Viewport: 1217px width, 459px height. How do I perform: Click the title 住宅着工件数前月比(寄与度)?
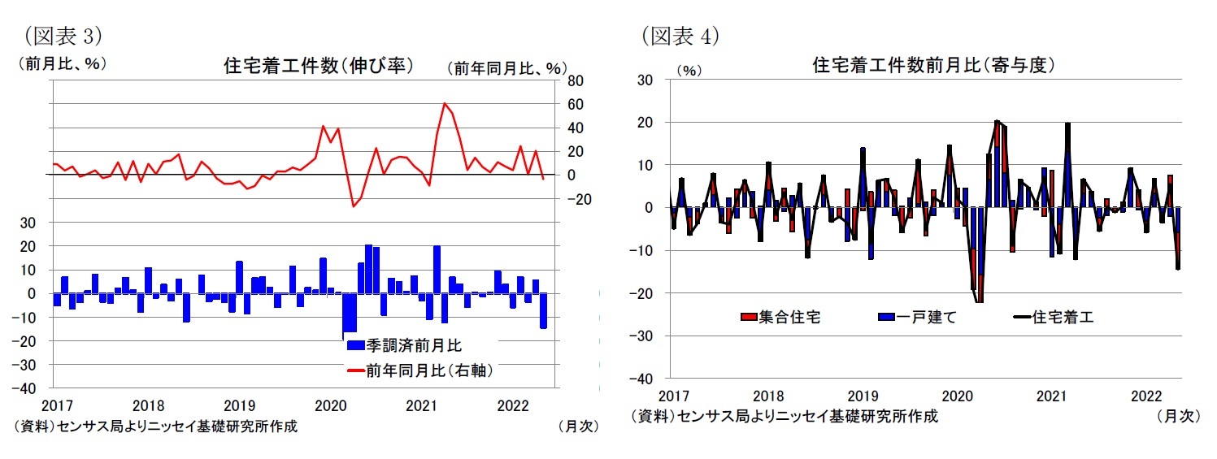pos(933,67)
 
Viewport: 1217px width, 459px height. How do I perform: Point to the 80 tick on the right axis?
pos(576,80)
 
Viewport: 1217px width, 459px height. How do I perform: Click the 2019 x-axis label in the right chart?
pos(862,396)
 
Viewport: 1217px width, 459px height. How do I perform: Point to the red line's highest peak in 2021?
pos(445,104)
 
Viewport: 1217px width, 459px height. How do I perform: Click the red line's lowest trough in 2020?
pos(353,206)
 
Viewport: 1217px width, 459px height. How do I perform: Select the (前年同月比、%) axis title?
pos(506,68)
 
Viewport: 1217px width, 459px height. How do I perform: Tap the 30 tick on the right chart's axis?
pos(646,80)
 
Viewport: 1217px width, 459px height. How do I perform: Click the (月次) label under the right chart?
pos(1177,416)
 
